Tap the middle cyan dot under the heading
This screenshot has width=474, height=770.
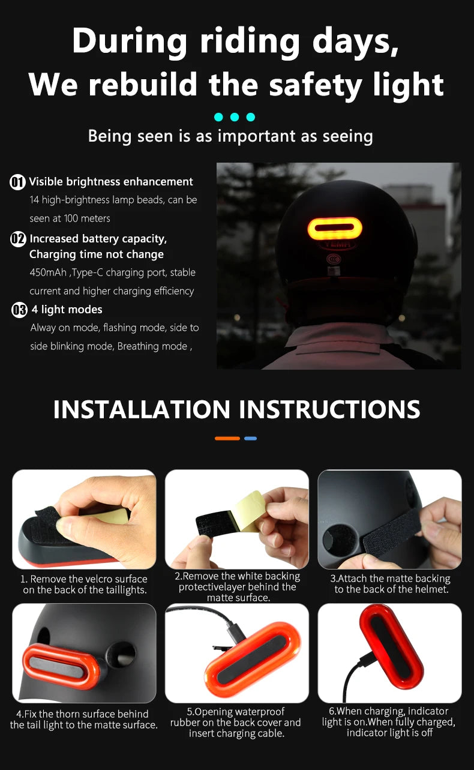click(x=235, y=117)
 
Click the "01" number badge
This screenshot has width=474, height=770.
click(x=18, y=182)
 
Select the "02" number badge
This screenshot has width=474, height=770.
click(x=19, y=239)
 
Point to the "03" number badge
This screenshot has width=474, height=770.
click(x=19, y=310)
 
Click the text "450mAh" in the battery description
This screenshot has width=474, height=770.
click(x=49, y=272)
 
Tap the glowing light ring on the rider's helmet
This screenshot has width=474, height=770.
click(x=334, y=228)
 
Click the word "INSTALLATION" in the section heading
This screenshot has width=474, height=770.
click(x=142, y=409)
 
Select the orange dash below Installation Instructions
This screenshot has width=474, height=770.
click(x=227, y=439)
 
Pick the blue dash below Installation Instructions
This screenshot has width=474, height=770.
click(x=251, y=439)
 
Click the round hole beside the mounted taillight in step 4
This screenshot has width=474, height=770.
click(x=122, y=652)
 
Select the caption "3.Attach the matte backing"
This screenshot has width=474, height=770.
click(x=391, y=579)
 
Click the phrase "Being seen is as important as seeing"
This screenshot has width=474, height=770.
click(x=230, y=136)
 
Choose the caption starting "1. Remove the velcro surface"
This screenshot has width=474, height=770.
click(x=84, y=579)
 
